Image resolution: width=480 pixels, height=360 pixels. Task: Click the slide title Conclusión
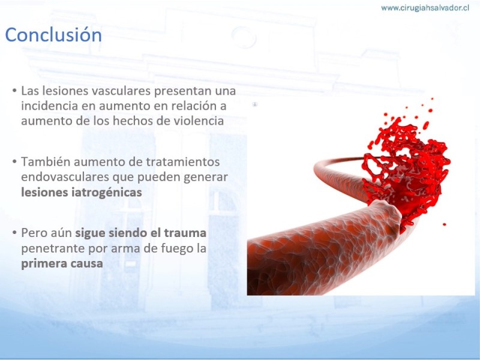[53, 35]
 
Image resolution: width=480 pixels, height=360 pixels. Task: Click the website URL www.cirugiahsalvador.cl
[425, 8]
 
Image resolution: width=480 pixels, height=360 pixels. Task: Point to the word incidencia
[49, 106]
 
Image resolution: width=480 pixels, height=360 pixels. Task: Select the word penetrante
[53, 248]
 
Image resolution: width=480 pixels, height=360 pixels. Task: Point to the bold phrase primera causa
[62, 264]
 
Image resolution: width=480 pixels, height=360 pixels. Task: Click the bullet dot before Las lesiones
[14, 91]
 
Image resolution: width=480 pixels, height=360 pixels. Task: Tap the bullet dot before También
[14, 161]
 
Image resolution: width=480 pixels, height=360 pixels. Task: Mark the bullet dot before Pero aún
[14, 233]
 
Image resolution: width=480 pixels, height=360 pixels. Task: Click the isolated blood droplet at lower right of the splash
[444, 224]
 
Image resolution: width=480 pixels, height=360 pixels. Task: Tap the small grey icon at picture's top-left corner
[254, 104]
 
